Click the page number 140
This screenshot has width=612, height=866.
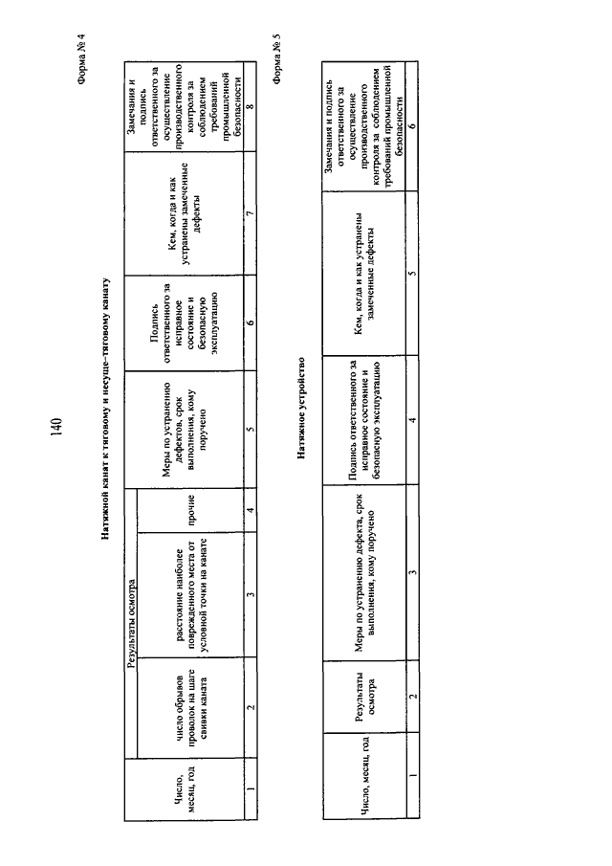pos(56,427)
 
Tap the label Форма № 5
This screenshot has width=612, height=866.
pos(277,59)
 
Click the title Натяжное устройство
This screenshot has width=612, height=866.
pos(301,409)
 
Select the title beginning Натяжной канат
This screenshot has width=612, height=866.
pos(105,409)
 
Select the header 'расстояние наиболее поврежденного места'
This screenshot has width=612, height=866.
pos(192,594)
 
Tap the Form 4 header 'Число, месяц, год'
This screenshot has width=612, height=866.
pos(186,788)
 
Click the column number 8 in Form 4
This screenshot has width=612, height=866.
pos(251,106)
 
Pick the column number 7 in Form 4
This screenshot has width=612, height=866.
pos(251,212)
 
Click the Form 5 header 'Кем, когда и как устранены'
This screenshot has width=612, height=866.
pos(364,274)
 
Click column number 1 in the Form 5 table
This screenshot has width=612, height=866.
pos(412,775)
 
